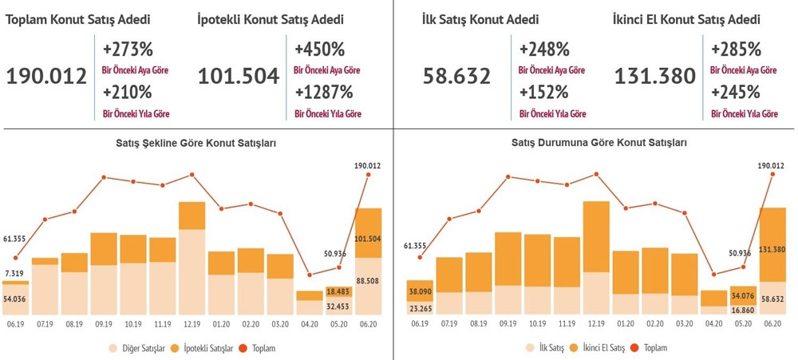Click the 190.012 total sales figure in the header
coord(46,77)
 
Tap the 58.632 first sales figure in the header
coord(461,77)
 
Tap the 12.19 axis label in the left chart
coord(192,325)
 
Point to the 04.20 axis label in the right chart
coord(713,325)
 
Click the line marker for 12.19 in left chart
coord(192,174)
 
